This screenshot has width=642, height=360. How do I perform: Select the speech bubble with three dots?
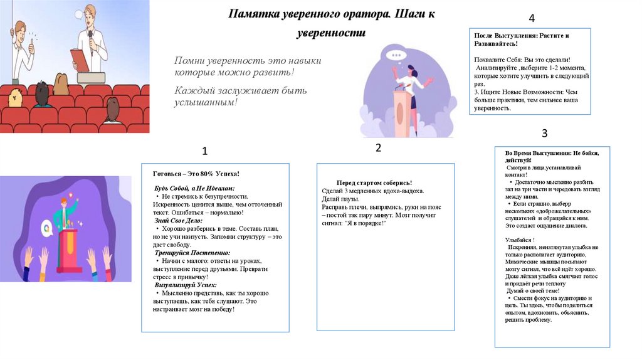(396, 55)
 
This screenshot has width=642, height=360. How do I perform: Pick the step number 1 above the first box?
(204, 152)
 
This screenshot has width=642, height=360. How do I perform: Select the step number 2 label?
(378, 148)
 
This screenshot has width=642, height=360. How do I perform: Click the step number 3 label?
(544, 133)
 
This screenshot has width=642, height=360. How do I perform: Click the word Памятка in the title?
(255, 14)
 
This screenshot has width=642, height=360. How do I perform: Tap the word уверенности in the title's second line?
(330, 33)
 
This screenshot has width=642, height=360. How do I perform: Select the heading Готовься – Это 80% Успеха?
(196, 174)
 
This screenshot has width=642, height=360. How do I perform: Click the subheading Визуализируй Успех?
(186, 285)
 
